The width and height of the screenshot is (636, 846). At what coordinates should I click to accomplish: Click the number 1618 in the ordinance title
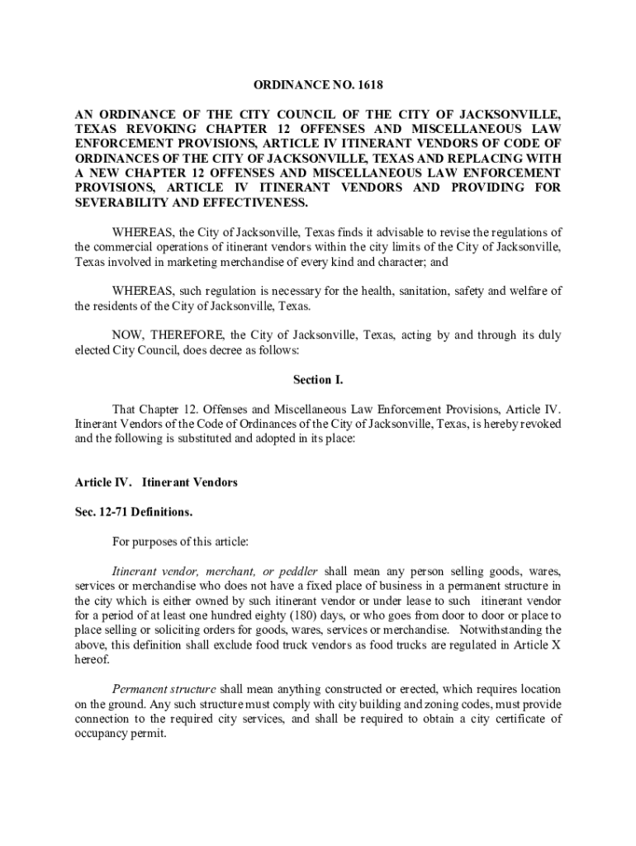click(370, 85)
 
